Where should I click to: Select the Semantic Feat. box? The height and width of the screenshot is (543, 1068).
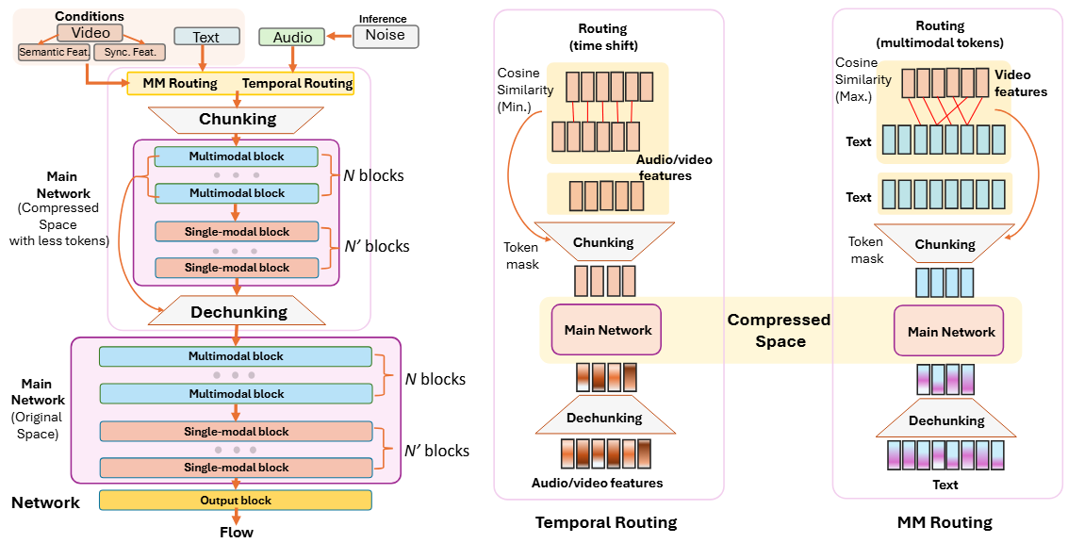53,52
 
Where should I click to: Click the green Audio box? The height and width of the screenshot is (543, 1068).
292,37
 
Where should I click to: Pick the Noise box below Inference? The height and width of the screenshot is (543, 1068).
385,36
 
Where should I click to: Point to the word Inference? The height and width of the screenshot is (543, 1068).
383,19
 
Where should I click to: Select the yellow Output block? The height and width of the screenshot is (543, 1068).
236,500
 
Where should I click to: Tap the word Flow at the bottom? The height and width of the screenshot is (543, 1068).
236,532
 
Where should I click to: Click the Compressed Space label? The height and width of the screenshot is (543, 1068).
779,331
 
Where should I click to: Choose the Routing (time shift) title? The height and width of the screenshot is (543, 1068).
603,37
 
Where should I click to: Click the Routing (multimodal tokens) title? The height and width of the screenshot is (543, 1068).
940,34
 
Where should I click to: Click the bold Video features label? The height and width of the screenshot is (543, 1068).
1020,83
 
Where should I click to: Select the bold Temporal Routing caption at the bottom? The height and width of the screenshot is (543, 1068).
606,521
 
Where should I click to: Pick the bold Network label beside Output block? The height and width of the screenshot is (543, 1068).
45,502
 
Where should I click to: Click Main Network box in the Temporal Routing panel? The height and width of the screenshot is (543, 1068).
607,330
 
